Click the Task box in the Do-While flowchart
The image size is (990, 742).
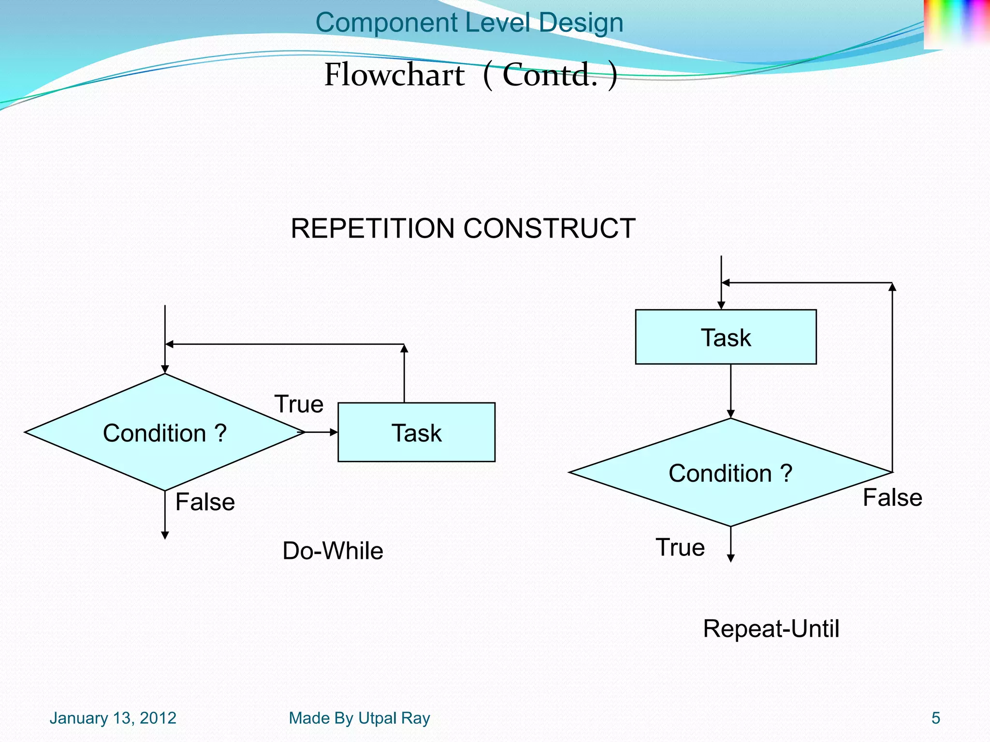[416, 432]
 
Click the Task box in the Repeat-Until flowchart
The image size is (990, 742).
[726, 337]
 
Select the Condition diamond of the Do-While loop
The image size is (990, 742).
[164, 432]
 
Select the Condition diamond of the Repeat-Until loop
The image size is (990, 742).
[730, 473]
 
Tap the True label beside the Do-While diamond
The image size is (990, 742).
[299, 404]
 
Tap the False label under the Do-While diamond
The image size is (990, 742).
[205, 502]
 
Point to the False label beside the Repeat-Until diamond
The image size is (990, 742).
[892, 498]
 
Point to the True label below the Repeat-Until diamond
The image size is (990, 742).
[680, 547]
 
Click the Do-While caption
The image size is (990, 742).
[333, 551]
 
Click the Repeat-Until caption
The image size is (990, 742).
[771, 629]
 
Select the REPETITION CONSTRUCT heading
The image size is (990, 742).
[463, 228]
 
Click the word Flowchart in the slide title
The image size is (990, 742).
[394, 75]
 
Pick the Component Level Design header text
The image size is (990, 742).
[469, 23]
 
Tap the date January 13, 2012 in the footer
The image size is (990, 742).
[113, 718]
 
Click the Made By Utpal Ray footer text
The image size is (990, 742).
[359, 718]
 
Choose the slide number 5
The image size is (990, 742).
[935, 718]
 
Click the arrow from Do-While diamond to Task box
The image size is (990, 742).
[322, 432]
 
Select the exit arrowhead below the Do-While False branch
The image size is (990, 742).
[165, 535]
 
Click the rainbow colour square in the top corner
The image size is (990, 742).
[956, 23]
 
